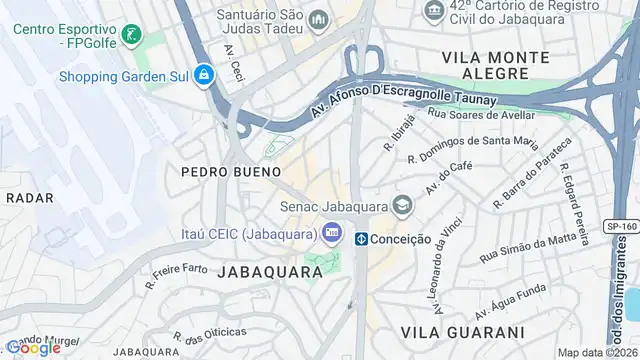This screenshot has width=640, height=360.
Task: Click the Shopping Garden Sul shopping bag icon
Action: pyautogui.click(x=203, y=75)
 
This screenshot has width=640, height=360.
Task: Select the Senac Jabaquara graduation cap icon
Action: pyautogui.click(x=402, y=206)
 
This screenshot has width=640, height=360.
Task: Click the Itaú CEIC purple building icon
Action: pyautogui.click(x=331, y=232)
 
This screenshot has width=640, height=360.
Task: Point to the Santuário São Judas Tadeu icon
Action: pyautogui.click(x=318, y=20)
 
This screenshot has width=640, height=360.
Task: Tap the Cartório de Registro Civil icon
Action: pyautogui.click(x=433, y=12)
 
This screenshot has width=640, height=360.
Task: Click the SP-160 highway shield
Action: pyautogui.click(x=621, y=227)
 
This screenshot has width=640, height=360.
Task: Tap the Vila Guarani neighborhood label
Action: pyautogui.click(x=461, y=331)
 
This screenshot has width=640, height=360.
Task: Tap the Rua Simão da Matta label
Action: pyautogui.click(x=529, y=249)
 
